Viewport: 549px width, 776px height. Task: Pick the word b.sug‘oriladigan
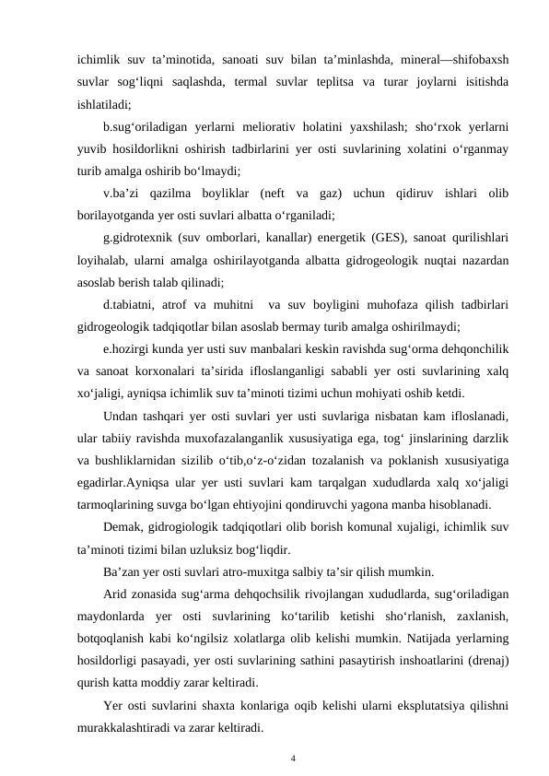tap(154, 124)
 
